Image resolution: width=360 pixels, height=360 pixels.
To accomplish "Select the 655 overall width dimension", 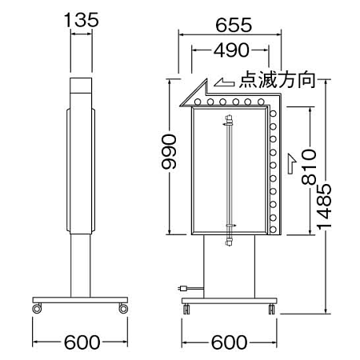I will (x=230, y=25).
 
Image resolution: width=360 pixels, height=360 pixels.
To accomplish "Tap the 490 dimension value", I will (x=230, y=51).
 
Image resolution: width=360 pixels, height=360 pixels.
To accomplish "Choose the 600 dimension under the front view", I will (x=230, y=342).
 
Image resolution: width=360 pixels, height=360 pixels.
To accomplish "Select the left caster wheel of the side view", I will (x=37, y=308).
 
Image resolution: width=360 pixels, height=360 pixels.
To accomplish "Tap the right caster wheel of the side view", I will (x=123, y=308).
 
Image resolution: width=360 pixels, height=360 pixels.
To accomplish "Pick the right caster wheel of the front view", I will (x=272, y=308).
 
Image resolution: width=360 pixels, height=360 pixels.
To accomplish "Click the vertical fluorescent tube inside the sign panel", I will (x=230, y=176).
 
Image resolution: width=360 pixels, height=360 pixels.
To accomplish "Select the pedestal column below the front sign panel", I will (x=230, y=268).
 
